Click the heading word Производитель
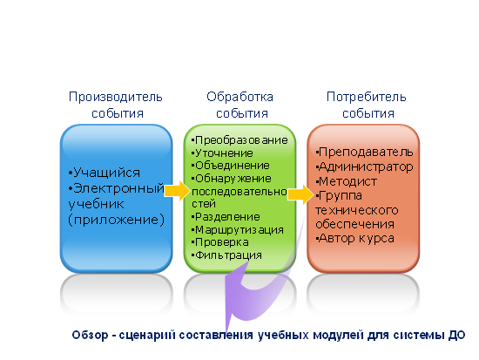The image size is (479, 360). coord(116,98)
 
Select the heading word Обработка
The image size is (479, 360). coord(239,97)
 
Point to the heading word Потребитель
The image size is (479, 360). coord(367,98)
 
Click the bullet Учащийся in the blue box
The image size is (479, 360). coord(105,173)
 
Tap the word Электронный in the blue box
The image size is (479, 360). coord(117,188)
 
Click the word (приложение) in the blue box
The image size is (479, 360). coord(116,220)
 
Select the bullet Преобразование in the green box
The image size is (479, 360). coord(239,140)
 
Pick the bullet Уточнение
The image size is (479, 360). coord(222,153)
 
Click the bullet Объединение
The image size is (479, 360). coord(231,166)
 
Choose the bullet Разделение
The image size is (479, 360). coord(226,217)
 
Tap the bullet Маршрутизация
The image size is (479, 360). coord(238,230)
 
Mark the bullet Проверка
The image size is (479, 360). coord(220,242)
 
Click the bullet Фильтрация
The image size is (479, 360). coord(226,255)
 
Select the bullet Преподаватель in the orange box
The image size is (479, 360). coord(364,152)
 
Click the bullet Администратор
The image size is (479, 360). coord(364,166)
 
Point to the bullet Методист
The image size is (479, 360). coord(347,181)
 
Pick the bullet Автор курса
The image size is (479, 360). coord(355,239)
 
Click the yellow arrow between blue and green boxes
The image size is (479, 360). coord(177,191)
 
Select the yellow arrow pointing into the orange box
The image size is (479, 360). coord(300,194)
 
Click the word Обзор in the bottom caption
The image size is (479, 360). coord(90,335)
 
